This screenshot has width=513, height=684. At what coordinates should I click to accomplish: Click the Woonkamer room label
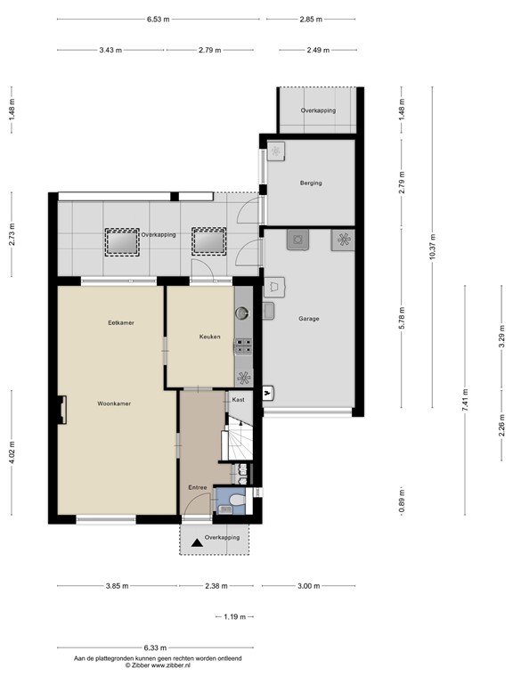point(114,403)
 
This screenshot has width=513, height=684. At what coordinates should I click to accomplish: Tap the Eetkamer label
point(121,322)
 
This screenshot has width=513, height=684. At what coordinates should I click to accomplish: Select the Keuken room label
point(209,337)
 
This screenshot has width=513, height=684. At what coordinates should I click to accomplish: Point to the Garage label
point(308,319)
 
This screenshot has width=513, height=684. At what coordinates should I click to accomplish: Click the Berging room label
point(311,183)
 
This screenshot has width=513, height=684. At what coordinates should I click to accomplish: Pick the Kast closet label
point(238,400)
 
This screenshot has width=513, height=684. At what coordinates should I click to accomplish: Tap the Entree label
point(197,487)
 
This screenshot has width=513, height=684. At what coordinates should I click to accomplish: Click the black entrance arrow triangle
point(197,542)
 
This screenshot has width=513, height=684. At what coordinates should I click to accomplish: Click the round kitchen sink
point(241,313)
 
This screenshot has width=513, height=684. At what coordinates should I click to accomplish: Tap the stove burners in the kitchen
point(243,346)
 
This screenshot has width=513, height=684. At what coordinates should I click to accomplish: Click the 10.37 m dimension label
point(432,247)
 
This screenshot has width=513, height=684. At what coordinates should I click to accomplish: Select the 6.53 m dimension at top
point(158,20)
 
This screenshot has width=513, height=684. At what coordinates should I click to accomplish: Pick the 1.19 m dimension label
point(235,617)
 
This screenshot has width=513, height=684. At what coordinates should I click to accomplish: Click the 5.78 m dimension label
point(402,319)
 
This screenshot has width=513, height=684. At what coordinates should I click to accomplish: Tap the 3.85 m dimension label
point(117,586)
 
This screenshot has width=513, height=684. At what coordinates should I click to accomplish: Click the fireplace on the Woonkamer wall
point(62,410)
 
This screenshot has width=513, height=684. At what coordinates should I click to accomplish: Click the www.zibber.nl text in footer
point(171,665)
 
